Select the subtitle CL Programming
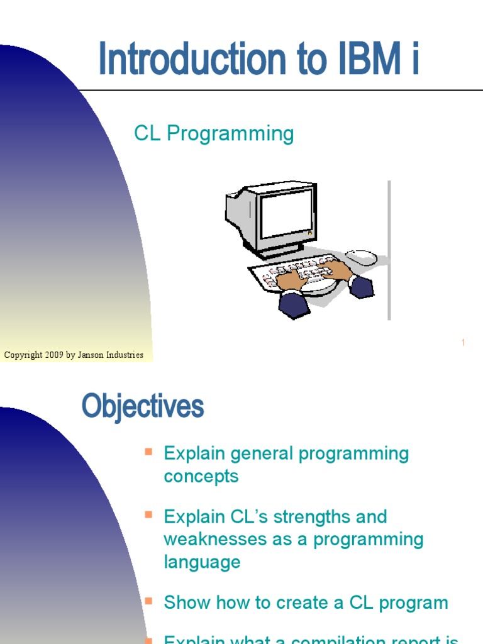pyautogui.click(x=214, y=134)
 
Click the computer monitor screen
pyautogui.click(x=286, y=214)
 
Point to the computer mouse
pyautogui.click(x=362, y=257)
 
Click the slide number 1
pyautogui.click(x=463, y=343)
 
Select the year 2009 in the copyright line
pyautogui.click(x=53, y=355)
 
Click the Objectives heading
pyautogui.click(x=143, y=407)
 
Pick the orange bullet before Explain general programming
pyautogui.click(x=148, y=452)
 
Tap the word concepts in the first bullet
pyautogui.click(x=201, y=476)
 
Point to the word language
pyautogui.click(x=202, y=562)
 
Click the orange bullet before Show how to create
pyautogui.click(x=148, y=601)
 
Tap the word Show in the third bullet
pyautogui.click(x=186, y=602)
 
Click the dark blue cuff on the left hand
pyautogui.click(x=293, y=304)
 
